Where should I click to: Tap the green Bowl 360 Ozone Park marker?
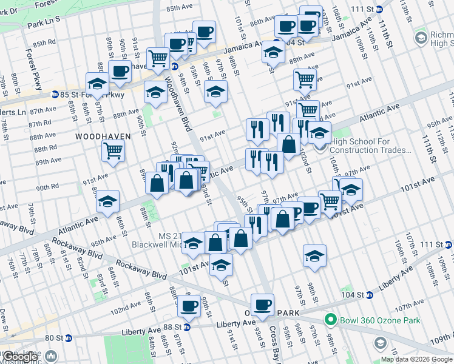(x=331, y=319)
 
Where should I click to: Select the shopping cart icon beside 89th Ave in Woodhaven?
(x=113, y=150)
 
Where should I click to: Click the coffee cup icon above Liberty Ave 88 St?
(x=189, y=305)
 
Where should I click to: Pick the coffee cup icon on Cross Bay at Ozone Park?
(x=262, y=305)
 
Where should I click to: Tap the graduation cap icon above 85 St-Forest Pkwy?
(x=97, y=83)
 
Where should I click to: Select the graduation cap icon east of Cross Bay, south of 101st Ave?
(x=314, y=255)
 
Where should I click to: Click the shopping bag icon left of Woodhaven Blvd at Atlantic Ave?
(x=157, y=183)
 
